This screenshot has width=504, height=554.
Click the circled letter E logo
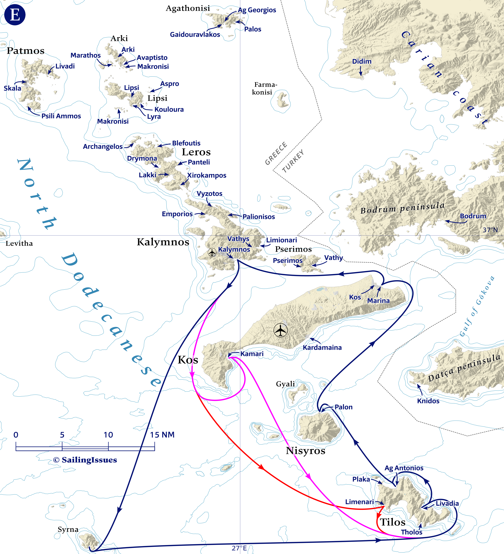click(15, 15)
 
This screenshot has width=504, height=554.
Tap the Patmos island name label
click(26, 51)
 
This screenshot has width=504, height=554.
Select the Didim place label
click(362, 61)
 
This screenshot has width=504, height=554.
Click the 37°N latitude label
click(490, 230)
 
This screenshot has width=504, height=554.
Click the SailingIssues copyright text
click(85, 460)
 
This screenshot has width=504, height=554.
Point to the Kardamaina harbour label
click(322, 347)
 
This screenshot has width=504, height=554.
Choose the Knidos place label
click(428, 401)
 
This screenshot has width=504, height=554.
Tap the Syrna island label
click(68, 529)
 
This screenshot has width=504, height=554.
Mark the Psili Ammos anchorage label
click(61, 116)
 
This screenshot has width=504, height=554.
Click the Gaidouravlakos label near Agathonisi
click(195, 35)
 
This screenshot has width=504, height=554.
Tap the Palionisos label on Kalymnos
click(258, 217)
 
